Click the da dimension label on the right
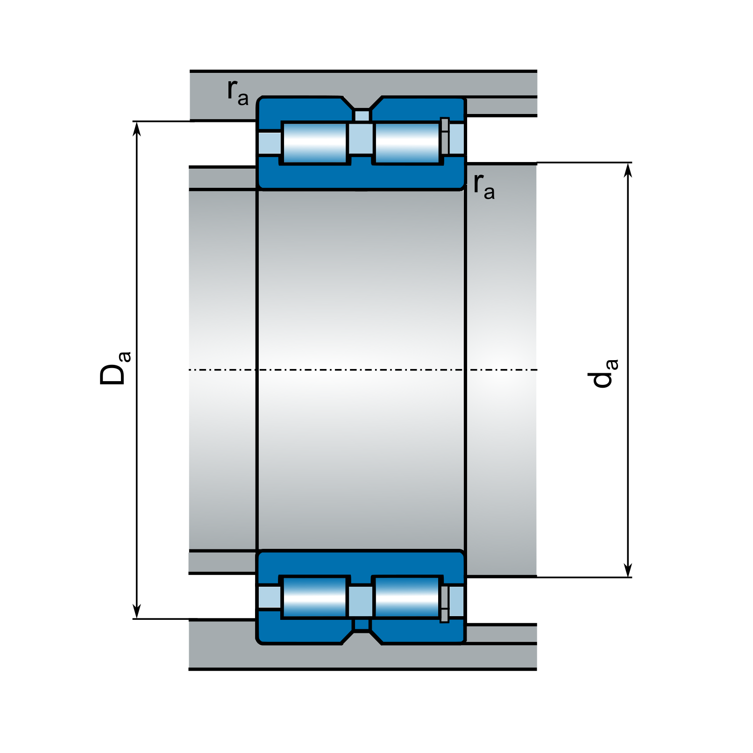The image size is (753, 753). [603, 374]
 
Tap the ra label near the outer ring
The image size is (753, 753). [237, 92]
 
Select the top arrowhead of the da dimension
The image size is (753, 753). [628, 170]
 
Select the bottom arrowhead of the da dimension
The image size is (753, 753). [628, 570]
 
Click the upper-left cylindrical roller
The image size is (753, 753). [315, 143]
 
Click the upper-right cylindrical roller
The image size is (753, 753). [407, 143]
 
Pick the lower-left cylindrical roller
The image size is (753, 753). [315, 597]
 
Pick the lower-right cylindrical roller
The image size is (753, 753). [407, 597]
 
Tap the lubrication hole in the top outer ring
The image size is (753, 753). [362, 115]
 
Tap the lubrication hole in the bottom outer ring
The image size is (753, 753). [362, 625]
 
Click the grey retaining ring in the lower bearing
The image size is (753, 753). [444, 604]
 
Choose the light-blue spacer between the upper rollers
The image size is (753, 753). [361, 139]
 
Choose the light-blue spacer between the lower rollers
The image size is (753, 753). [361, 601]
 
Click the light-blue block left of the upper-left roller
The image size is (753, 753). [270, 143]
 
